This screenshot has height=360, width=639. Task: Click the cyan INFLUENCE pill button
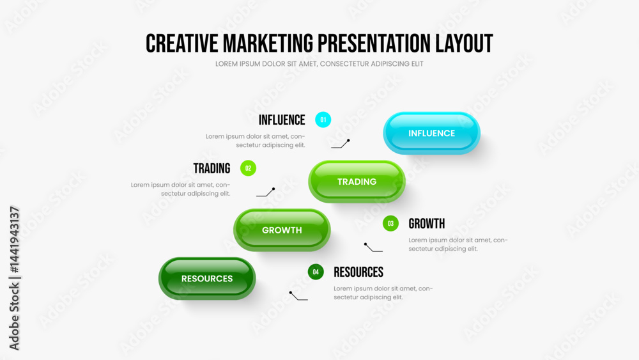tap(431, 133)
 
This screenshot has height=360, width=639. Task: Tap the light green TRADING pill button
tap(357, 182)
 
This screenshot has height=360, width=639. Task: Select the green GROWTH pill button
tap(282, 230)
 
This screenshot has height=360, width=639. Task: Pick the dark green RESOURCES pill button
tap(207, 278)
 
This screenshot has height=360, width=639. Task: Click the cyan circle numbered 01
tap(323, 120)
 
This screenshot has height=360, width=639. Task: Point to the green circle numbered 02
tap(248, 168)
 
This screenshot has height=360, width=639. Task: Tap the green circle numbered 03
tap(390, 223)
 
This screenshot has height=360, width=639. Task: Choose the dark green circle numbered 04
tap(316, 272)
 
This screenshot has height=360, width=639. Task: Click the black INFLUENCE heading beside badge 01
tap(282, 120)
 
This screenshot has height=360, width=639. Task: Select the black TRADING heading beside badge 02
tap(212, 168)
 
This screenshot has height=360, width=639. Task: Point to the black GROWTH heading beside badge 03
tap(427, 223)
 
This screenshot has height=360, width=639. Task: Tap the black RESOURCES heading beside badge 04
tap(358, 272)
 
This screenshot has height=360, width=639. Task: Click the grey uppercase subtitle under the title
tap(319, 64)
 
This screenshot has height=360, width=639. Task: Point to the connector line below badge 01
tap(341, 145)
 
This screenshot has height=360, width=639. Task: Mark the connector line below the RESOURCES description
tap(298, 297)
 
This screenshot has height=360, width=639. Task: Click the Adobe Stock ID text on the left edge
tap(14, 278)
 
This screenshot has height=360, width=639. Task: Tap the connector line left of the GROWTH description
tap(373, 248)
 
